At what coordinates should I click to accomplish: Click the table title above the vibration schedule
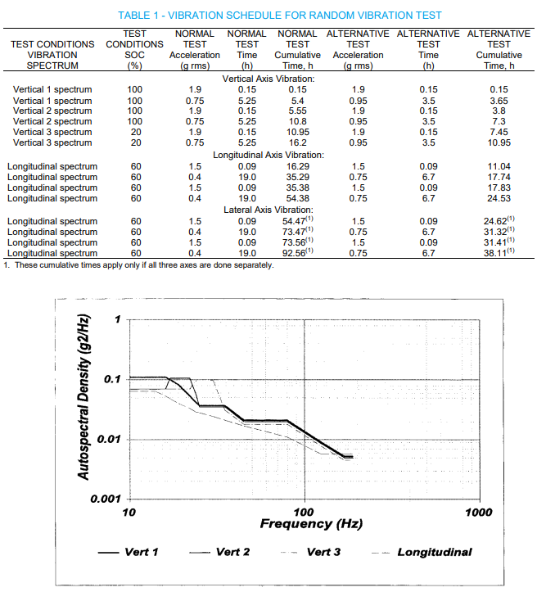pos(281,16)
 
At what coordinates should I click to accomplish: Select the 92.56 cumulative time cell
pos(296,254)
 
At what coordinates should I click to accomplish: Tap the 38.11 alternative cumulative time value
pos(498,254)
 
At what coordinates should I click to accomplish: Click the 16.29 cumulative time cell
pos(297,166)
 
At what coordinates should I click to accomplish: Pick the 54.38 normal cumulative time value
pos(297,198)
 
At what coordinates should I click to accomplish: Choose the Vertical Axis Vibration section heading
pos(268,78)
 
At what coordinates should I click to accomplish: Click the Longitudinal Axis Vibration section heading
pos(268,155)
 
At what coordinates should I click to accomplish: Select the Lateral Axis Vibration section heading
pos(268,210)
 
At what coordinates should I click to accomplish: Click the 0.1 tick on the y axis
pos(112,379)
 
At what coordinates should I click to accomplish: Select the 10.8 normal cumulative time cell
pos(297,121)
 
